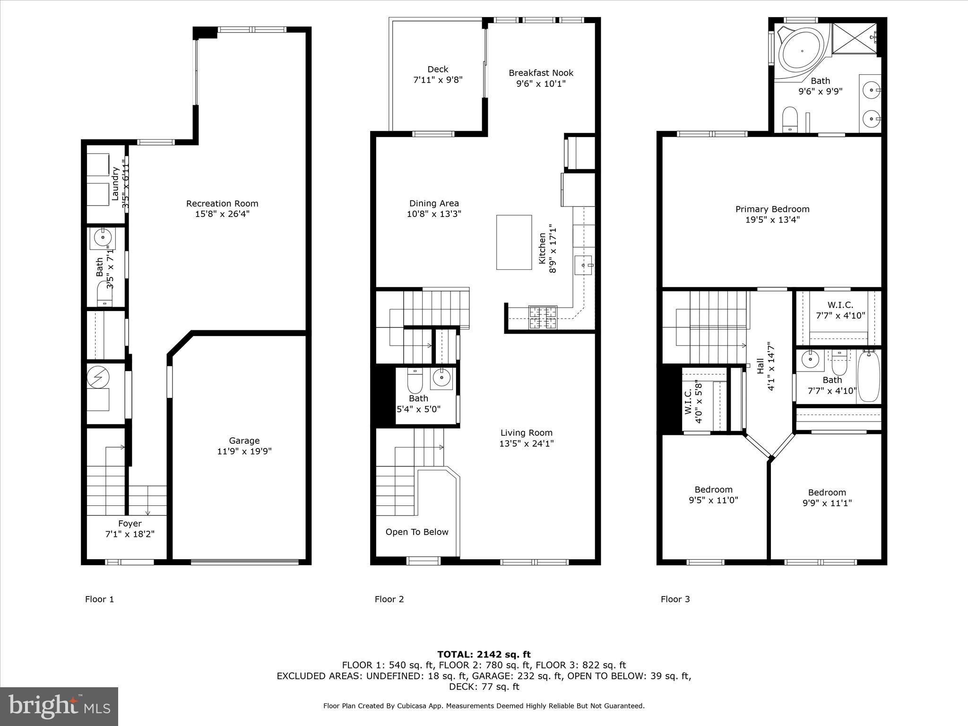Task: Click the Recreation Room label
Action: tap(222, 204)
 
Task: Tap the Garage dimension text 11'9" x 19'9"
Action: tap(244, 451)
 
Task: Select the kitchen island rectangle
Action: tap(514, 242)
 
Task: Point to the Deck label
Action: tap(438, 69)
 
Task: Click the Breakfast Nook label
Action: tap(541, 73)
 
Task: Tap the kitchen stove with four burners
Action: tap(543, 317)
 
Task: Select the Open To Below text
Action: tap(416, 532)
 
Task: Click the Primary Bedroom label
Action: tap(772, 209)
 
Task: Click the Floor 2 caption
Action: tap(389, 599)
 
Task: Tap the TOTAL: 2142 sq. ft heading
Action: tap(484, 654)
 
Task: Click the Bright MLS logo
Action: tap(59, 706)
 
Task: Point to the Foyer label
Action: tap(130, 524)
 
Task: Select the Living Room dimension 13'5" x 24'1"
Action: tap(526, 443)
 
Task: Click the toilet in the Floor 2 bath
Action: tap(415, 382)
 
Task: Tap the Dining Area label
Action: tap(434, 203)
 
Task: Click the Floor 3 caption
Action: tap(675, 599)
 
